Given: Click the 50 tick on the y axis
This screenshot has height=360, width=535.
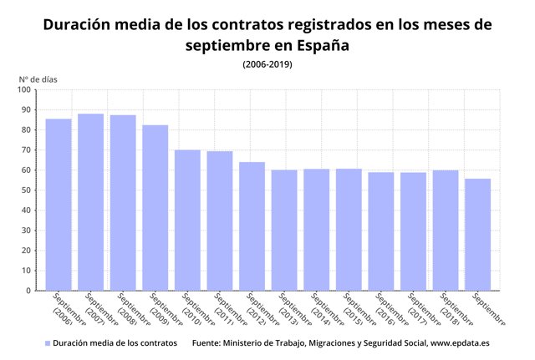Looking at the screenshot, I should click(x=25, y=190).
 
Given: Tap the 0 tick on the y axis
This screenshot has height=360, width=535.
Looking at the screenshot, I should click(x=28, y=291).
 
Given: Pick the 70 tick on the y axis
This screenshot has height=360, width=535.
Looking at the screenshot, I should click(x=25, y=150).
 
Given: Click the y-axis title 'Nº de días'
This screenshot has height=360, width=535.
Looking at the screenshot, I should click(x=38, y=79).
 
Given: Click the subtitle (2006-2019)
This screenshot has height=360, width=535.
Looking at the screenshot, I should click(x=267, y=64).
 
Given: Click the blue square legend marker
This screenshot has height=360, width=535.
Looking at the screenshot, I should click(x=48, y=343).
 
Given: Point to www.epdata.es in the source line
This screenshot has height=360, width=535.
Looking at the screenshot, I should click(x=460, y=343).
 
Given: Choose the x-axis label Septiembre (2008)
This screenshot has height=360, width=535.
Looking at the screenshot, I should click(x=132, y=311).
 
